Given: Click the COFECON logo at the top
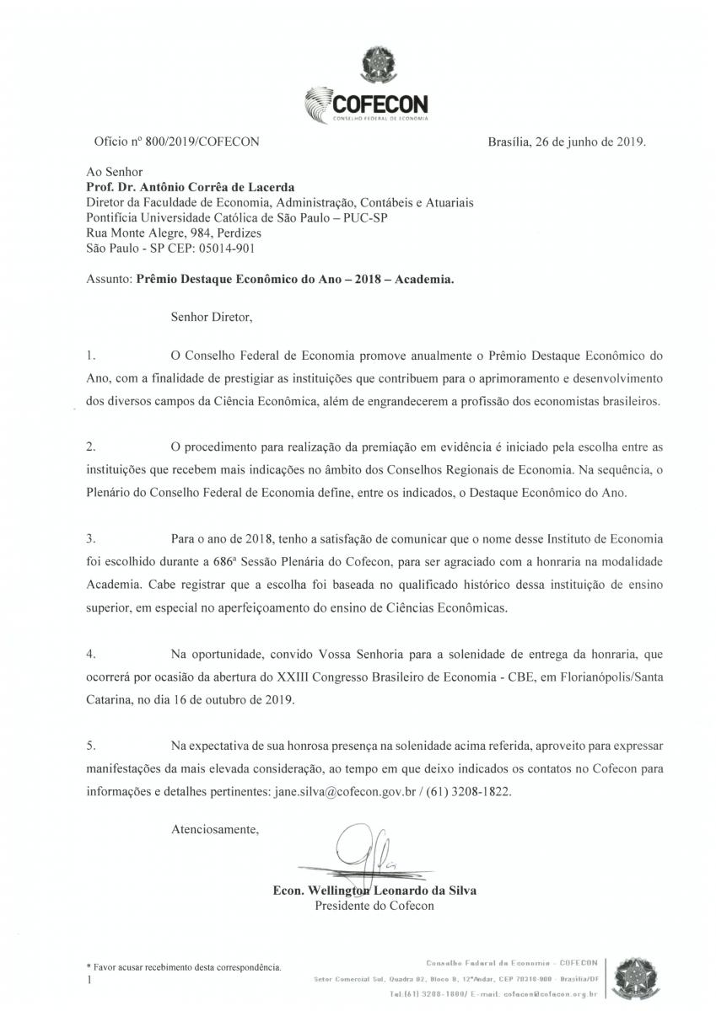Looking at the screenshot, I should tap(366, 104).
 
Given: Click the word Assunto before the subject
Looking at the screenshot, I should tap(108, 279).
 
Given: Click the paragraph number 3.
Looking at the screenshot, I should tap(90, 538).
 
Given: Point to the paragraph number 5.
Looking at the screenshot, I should tap(90, 746).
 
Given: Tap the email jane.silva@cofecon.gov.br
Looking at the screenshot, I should tap(347, 792).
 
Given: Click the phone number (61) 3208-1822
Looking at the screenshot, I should tap(467, 792).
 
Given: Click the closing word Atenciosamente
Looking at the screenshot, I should tap(214, 830).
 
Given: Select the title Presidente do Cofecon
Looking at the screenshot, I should tap(374, 906).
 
